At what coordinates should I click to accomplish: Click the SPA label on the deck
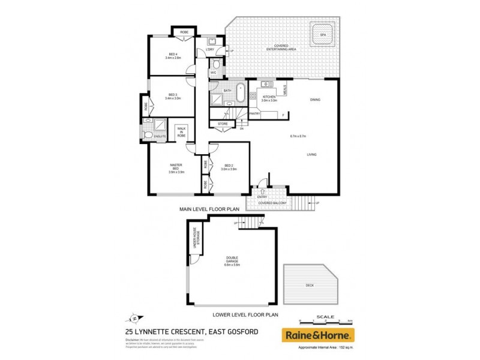[x=322, y=35]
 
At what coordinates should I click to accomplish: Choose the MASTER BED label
[x=176, y=167]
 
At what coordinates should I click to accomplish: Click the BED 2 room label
[x=229, y=167]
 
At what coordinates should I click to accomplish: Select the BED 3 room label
[x=172, y=97]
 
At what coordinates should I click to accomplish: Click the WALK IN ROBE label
[x=181, y=133]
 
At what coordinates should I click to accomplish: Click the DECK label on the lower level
[x=310, y=285]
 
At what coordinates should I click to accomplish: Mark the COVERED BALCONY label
[x=273, y=203]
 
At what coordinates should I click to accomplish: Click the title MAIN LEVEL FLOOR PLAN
[x=209, y=209]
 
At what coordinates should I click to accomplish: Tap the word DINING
[x=316, y=100]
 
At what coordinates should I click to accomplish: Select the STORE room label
[x=223, y=124]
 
